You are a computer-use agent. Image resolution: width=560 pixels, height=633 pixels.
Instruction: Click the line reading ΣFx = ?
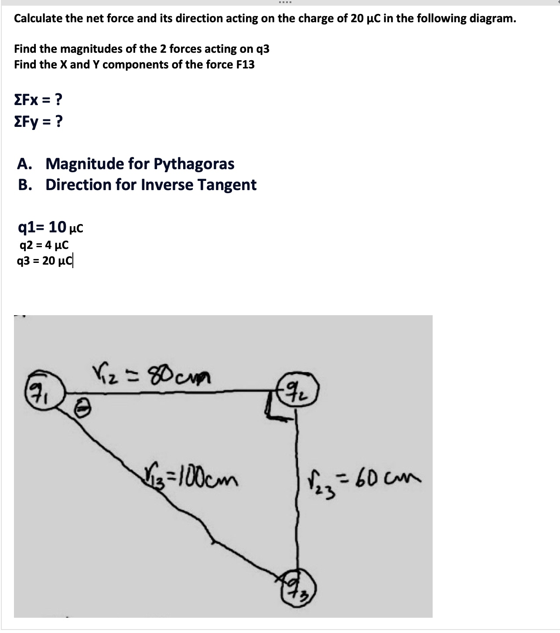point(38,100)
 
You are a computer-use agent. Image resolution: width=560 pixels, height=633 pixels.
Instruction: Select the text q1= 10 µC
point(51,227)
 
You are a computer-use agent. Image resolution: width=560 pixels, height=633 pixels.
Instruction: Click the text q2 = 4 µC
point(44,245)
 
